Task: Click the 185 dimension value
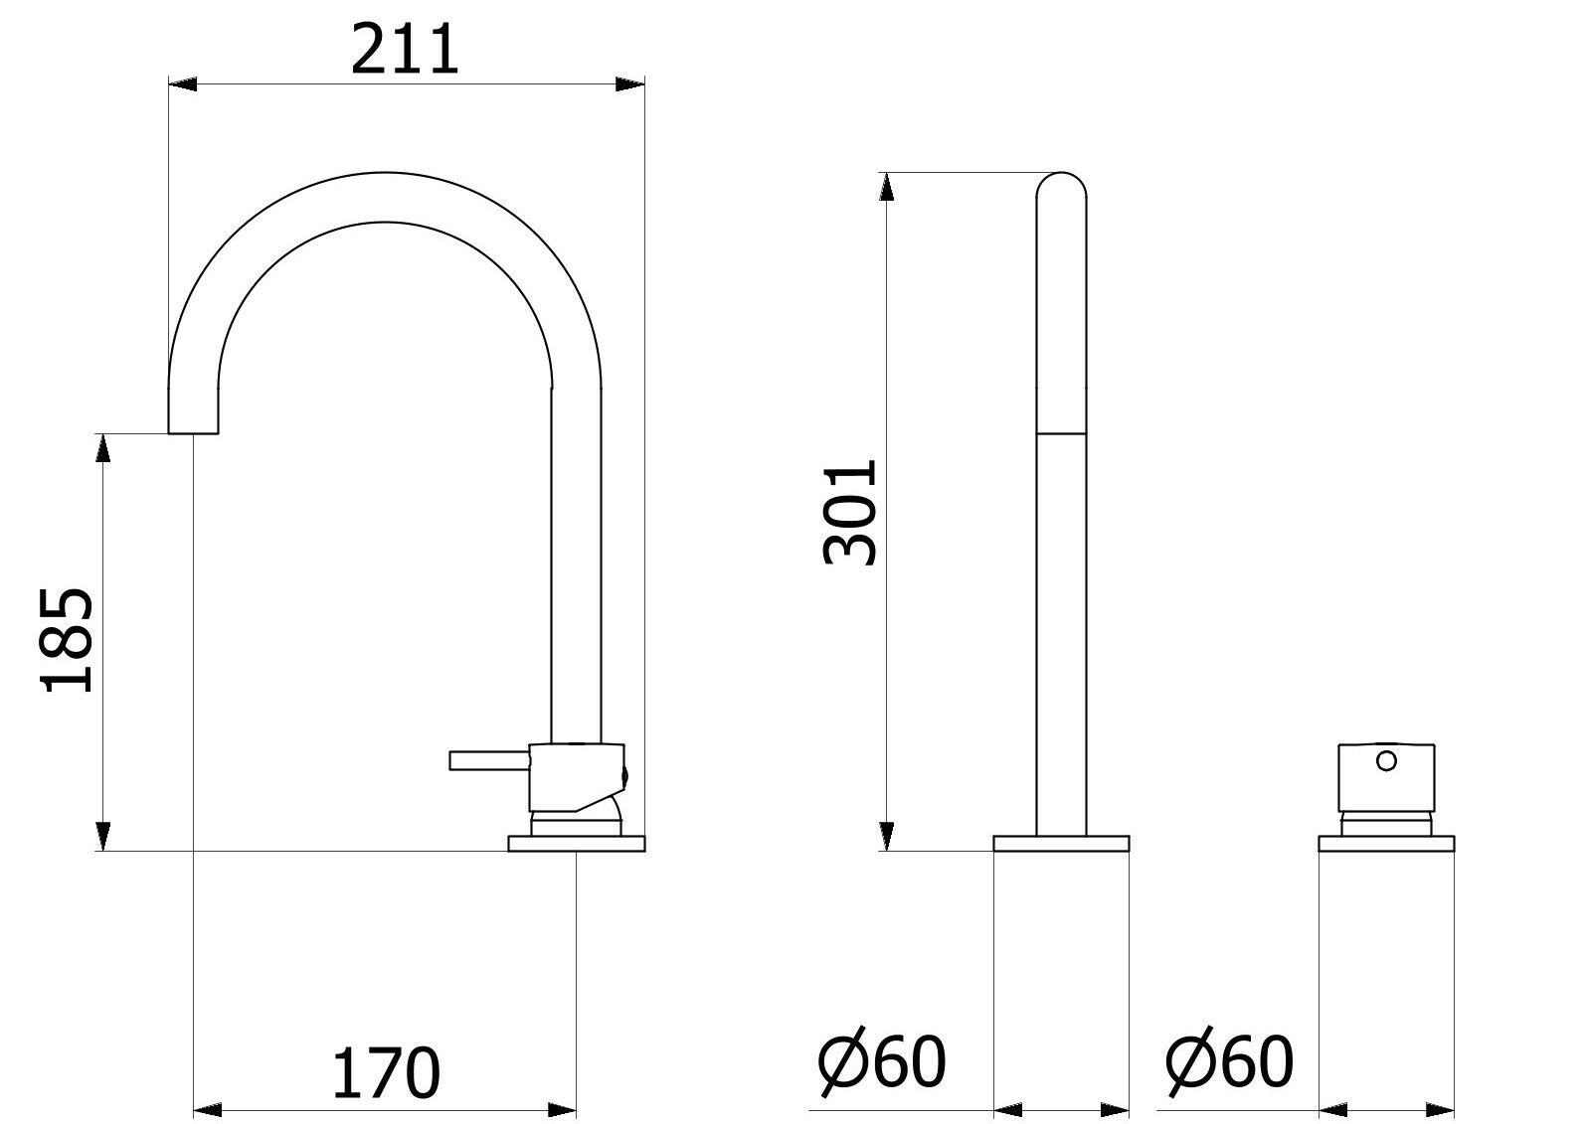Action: (x=68, y=639)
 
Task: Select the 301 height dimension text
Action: (x=851, y=511)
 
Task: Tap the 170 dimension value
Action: (x=386, y=1072)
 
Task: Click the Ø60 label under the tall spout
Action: (x=881, y=1061)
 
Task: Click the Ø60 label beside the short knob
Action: (x=1230, y=1061)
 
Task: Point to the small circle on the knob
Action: (x=1386, y=761)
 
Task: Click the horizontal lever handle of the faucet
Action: (x=488, y=760)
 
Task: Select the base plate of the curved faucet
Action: (x=576, y=844)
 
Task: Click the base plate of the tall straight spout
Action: (x=1061, y=844)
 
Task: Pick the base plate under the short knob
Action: (x=1386, y=844)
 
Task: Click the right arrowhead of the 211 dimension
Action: (x=629, y=84)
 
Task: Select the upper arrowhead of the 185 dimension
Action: (x=101, y=448)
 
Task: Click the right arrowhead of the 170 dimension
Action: (x=563, y=1108)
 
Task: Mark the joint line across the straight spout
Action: (x=1061, y=433)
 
